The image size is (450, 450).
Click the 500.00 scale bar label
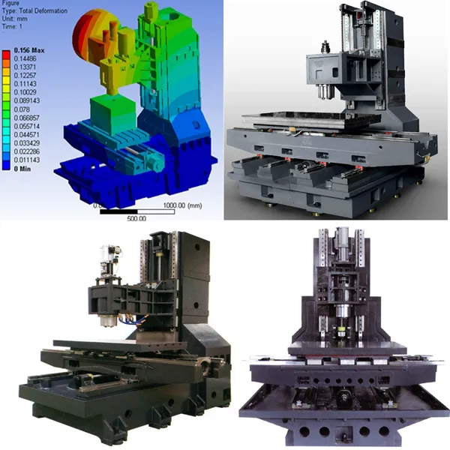point(136,217)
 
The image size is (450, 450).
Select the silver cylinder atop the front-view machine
point(341,238)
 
